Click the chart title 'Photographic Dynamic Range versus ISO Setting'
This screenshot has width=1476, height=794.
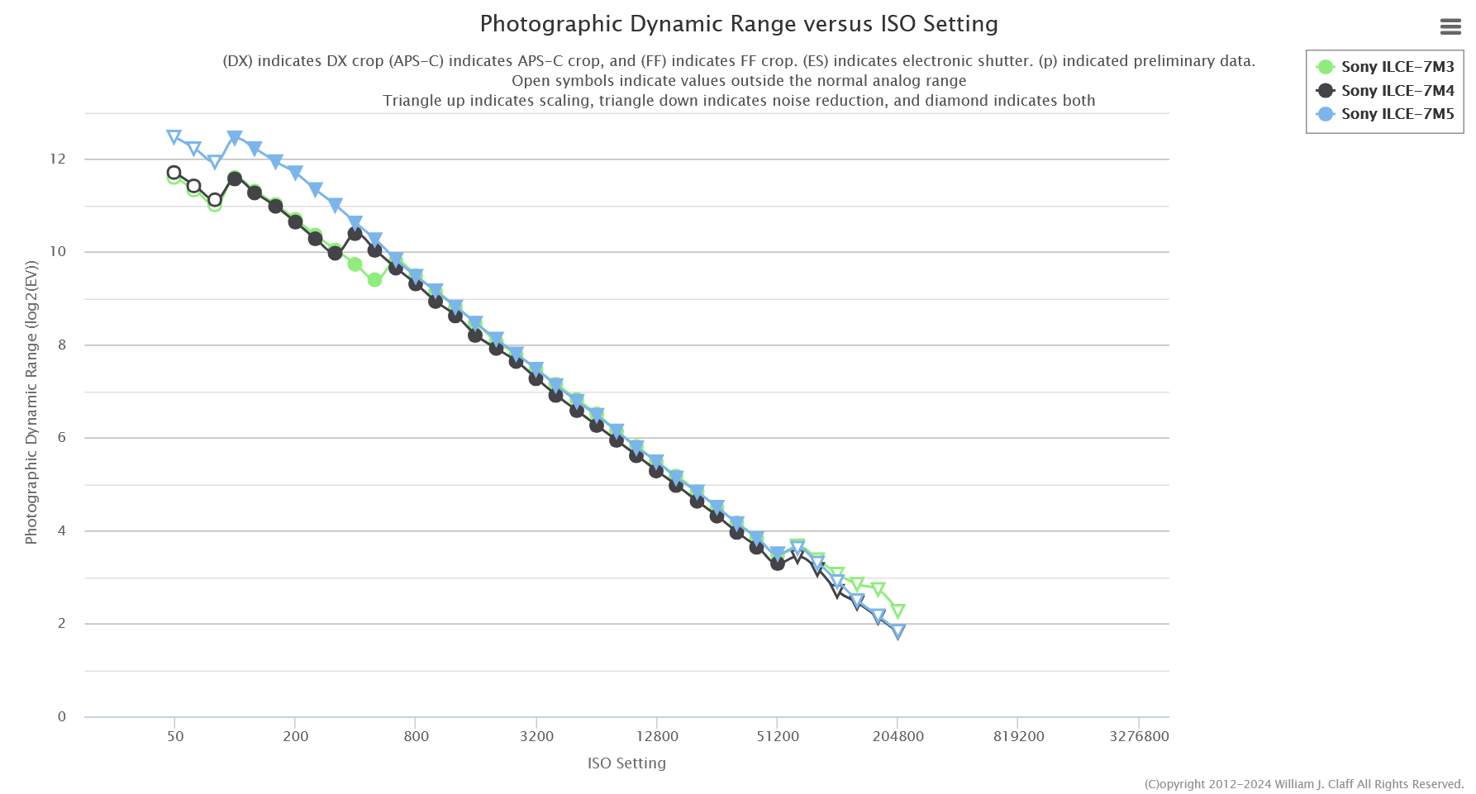click(738, 24)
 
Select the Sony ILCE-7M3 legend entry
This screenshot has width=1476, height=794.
click(1397, 67)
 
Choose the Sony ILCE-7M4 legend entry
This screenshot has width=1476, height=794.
click(1397, 91)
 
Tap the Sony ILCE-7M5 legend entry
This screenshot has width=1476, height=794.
click(1397, 114)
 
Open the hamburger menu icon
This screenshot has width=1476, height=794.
click(1450, 27)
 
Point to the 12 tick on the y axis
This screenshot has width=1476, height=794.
click(57, 159)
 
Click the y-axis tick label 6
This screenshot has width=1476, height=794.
click(61, 438)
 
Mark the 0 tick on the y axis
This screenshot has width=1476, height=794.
click(61, 716)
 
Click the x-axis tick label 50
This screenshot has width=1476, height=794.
click(174, 736)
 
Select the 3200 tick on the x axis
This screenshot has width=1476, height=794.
click(536, 736)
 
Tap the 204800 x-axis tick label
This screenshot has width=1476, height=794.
click(898, 736)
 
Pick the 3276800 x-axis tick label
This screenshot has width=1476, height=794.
click(1138, 736)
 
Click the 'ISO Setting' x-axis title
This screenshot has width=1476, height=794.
click(626, 763)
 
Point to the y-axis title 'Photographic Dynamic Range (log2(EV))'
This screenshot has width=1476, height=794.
click(31, 403)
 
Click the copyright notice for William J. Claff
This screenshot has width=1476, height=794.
click(1303, 784)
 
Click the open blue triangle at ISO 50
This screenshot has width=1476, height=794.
click(174, 137)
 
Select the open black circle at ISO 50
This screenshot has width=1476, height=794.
click(174, 173)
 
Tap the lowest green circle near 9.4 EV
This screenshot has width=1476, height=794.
click(374, 280)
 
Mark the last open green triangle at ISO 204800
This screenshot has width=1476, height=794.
click(898, 611)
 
